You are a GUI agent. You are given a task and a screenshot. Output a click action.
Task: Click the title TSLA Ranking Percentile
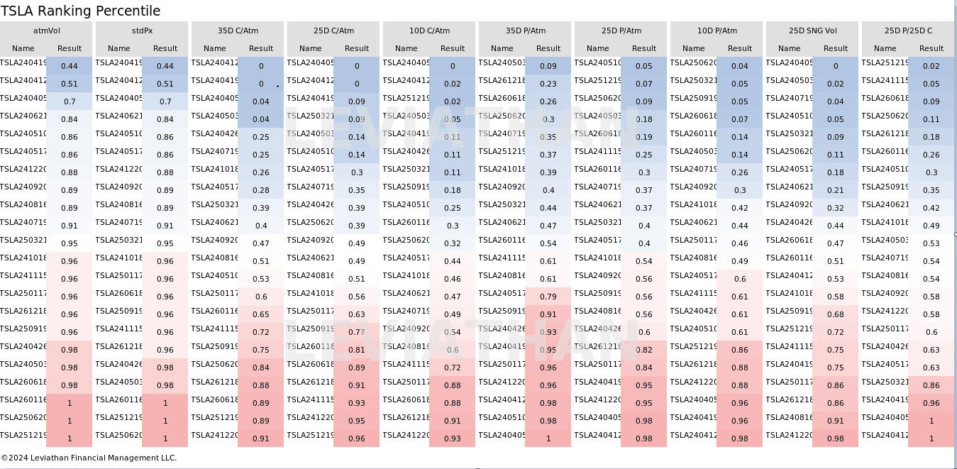click(x=81, y=11)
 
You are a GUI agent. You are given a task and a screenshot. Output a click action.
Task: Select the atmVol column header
click(x=46, y=31)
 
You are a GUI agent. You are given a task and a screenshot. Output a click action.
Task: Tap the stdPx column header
click(x=142, y=31)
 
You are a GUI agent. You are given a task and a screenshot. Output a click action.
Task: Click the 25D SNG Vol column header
click(x=812, y=31)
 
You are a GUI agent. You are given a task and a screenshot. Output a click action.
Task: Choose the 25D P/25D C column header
click(x=908, y=31)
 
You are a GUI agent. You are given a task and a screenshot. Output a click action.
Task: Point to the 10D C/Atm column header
click(x=429, y=31)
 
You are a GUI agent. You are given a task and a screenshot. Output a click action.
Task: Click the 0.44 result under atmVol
click(x=70, y=66)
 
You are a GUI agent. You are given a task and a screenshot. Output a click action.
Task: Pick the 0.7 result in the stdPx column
click(x=165, y=101)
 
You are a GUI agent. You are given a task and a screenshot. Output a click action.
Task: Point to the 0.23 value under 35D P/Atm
click(x=548, y=84)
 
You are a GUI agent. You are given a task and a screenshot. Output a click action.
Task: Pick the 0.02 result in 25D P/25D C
click(x=931, y=66)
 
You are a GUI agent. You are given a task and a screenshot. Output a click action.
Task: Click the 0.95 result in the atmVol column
click(x=70, y=243)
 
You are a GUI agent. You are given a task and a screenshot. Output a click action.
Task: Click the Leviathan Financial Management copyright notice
click(x=89, y=458)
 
